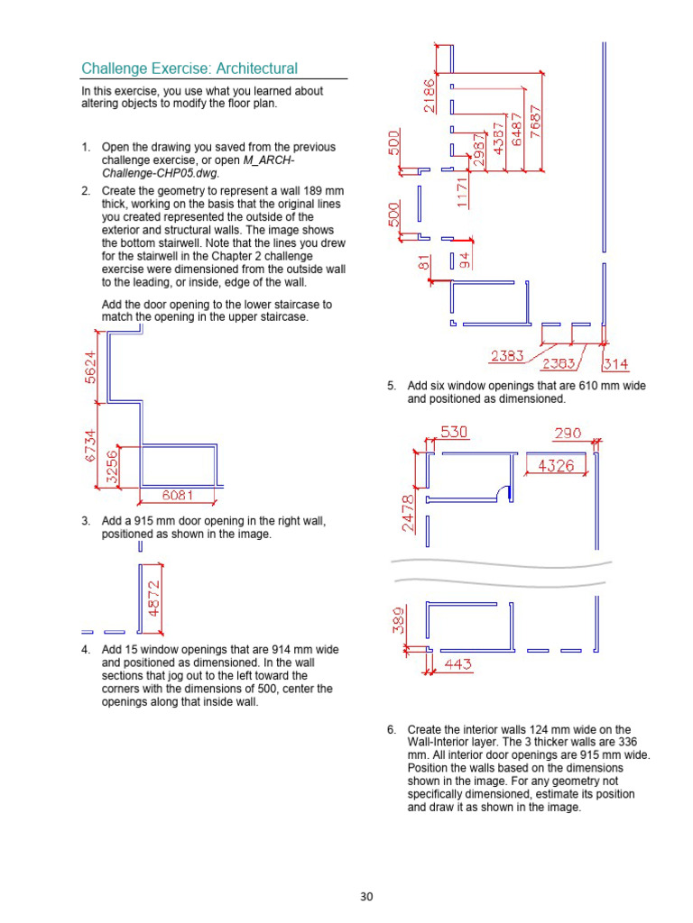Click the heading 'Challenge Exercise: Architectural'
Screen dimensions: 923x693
click(189, 69)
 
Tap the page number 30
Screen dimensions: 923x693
click(366, 896)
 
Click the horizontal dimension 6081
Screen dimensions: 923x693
click(178, 495)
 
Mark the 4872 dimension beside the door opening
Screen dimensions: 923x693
click(154, 598)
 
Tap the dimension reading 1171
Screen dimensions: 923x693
click(463, 193)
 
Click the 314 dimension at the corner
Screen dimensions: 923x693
click(616, 365)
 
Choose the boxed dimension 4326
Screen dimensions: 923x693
click(556, 465)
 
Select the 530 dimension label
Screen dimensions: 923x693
click(454, 433)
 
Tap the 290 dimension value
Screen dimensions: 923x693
click(568, 433)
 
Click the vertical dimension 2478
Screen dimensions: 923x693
click(409, 513)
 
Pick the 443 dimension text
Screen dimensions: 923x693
click(459, 665)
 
